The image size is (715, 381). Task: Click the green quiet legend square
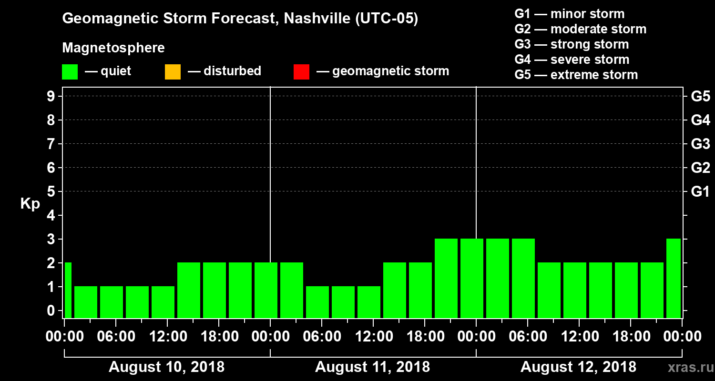tap(70, 72)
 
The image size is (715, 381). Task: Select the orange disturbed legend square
tap(173, 72)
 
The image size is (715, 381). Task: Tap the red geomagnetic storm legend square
tap(301, 72)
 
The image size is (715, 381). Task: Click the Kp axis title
tap(30, 203)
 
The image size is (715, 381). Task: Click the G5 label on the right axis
tap(700, 97)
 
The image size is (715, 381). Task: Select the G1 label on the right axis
tap(700, 192)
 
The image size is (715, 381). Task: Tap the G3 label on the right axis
tap(700, 144)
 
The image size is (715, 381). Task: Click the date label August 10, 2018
tap(166, 367)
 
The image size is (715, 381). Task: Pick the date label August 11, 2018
tap(372, 367)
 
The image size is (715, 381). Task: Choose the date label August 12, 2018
tap(578, 367)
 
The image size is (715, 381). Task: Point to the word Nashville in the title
tap(310, 19)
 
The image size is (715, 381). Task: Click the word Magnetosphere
tap(113, 48)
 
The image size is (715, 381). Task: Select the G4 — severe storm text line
tap(572, 60)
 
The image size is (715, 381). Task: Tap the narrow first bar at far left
tap(68, 290)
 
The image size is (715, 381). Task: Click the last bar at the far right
tap(674, 278)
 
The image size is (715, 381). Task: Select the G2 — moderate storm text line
tap(580, 29)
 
